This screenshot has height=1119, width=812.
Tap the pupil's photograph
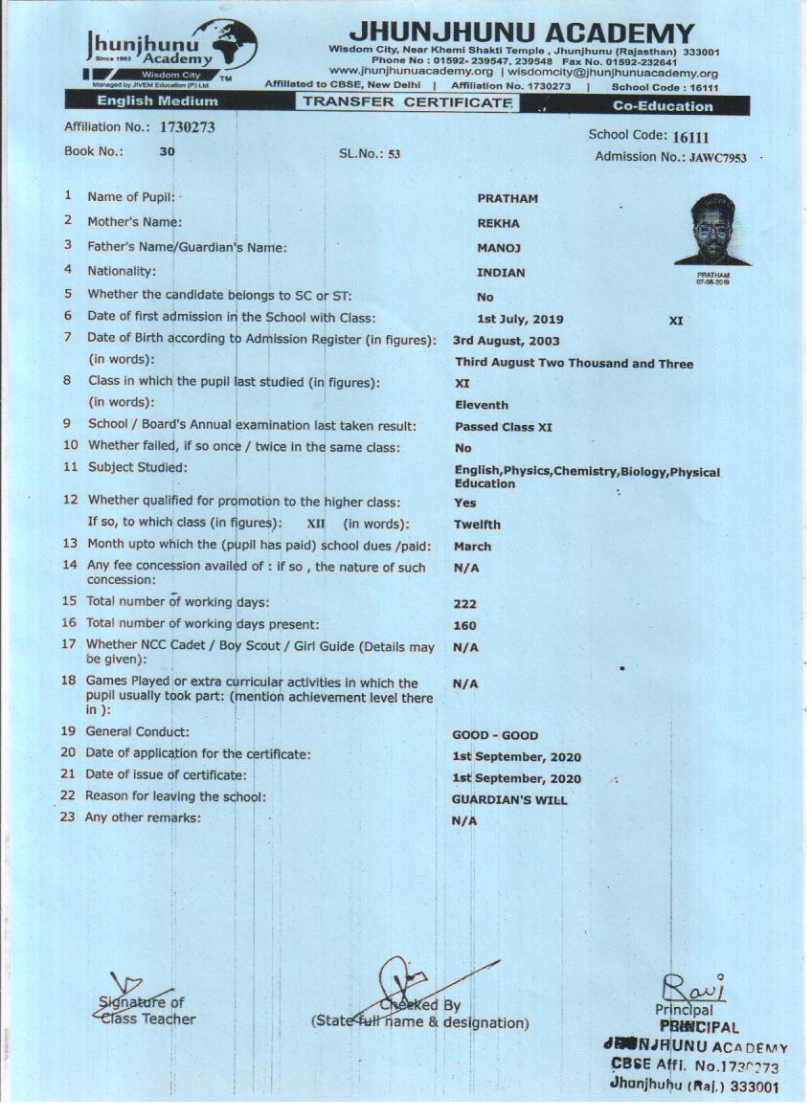[712, 231]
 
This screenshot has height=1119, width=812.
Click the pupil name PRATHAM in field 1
[507, 198]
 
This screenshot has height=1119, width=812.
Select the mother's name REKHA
[498, 223]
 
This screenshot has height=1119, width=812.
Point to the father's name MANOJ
[498, 248]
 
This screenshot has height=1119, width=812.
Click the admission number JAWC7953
[718, 157]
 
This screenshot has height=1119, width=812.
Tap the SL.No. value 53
[394, 154]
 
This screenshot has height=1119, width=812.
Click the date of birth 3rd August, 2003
[507, 341]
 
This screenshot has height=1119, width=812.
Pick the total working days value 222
[465, 604]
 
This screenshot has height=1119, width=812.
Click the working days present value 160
[465, 626]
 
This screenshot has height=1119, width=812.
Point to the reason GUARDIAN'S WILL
[509, 799]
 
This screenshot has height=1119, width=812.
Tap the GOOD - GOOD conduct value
[495, 735]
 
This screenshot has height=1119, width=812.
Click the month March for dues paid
[473, 547]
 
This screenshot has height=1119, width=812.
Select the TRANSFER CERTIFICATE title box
[407, 102]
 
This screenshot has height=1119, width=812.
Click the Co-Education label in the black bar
[663, 105]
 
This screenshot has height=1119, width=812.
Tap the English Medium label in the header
[157, 101]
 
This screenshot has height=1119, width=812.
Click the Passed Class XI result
[504, 427]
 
